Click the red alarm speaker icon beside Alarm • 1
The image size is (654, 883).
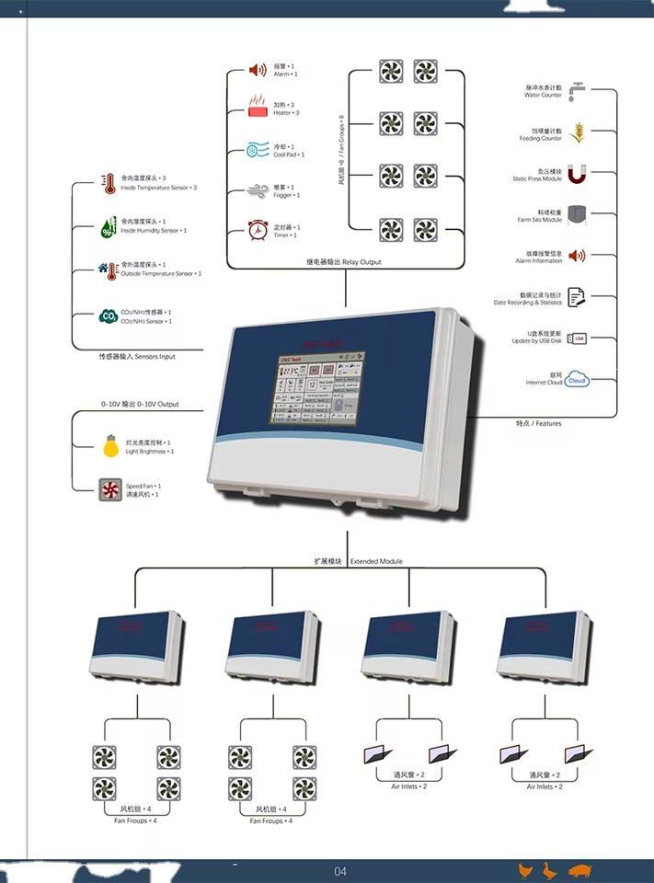pyautogui.click(x=258, y=70)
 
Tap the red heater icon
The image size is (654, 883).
pyautogui.click(x=258, y=107)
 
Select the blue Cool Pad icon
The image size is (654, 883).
pyautogui.click(x=258, y=150)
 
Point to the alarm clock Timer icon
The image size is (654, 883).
pyautogui.click(x=258, y=230)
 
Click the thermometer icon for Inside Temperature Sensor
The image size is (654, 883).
pyautogui.click(x=108, y=183)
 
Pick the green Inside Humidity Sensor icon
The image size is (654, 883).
pyautogui.click(x=108, y=226)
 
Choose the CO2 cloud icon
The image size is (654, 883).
pyautogui.click(x=108, y=316)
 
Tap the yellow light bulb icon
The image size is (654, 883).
pyautogui.click(x=110, y=446)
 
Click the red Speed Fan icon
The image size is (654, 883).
pyautogui.click(x=110, y=489)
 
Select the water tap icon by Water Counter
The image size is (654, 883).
pyautogui.click(x=577, y=91)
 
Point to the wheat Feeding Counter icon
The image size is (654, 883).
pyautogui.click(x=577, y=133)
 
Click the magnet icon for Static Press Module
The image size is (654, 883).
pyautogui.click(x=577, y=175)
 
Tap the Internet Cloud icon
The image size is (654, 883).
pyautogui.click(x=577, y=379)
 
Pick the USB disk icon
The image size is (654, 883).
pyautogui.click(x=577, y=338)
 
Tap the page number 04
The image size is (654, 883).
pyautogui.click(x=340, y=871)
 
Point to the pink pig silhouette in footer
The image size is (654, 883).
pyautogui.click(x=579, y=870)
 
